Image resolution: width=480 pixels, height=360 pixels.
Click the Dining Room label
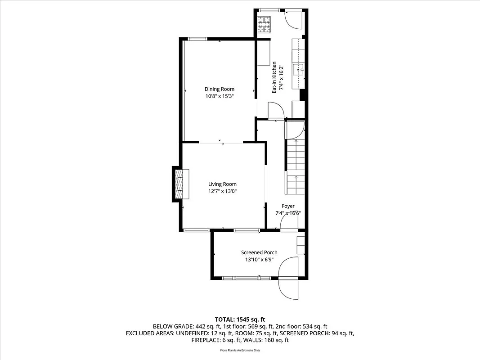click(219, 89)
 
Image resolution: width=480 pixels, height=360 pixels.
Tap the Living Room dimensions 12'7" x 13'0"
click(222, 191)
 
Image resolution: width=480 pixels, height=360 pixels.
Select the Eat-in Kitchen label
click(274, 77)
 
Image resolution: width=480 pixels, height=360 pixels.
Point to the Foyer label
click(288, 206)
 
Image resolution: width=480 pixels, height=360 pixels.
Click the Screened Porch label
click(259, 252)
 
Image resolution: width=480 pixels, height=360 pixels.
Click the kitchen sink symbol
click(299, 70)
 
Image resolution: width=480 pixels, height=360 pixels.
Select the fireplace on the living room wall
click(179, 184)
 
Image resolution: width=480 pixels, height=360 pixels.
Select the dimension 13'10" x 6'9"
click(259, 260)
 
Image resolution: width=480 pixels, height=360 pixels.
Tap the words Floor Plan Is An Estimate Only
click(240, 350)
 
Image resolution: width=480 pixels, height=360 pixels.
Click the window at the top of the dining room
click(197, 39)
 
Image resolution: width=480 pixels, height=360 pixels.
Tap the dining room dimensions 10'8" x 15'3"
click(219, 96)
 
